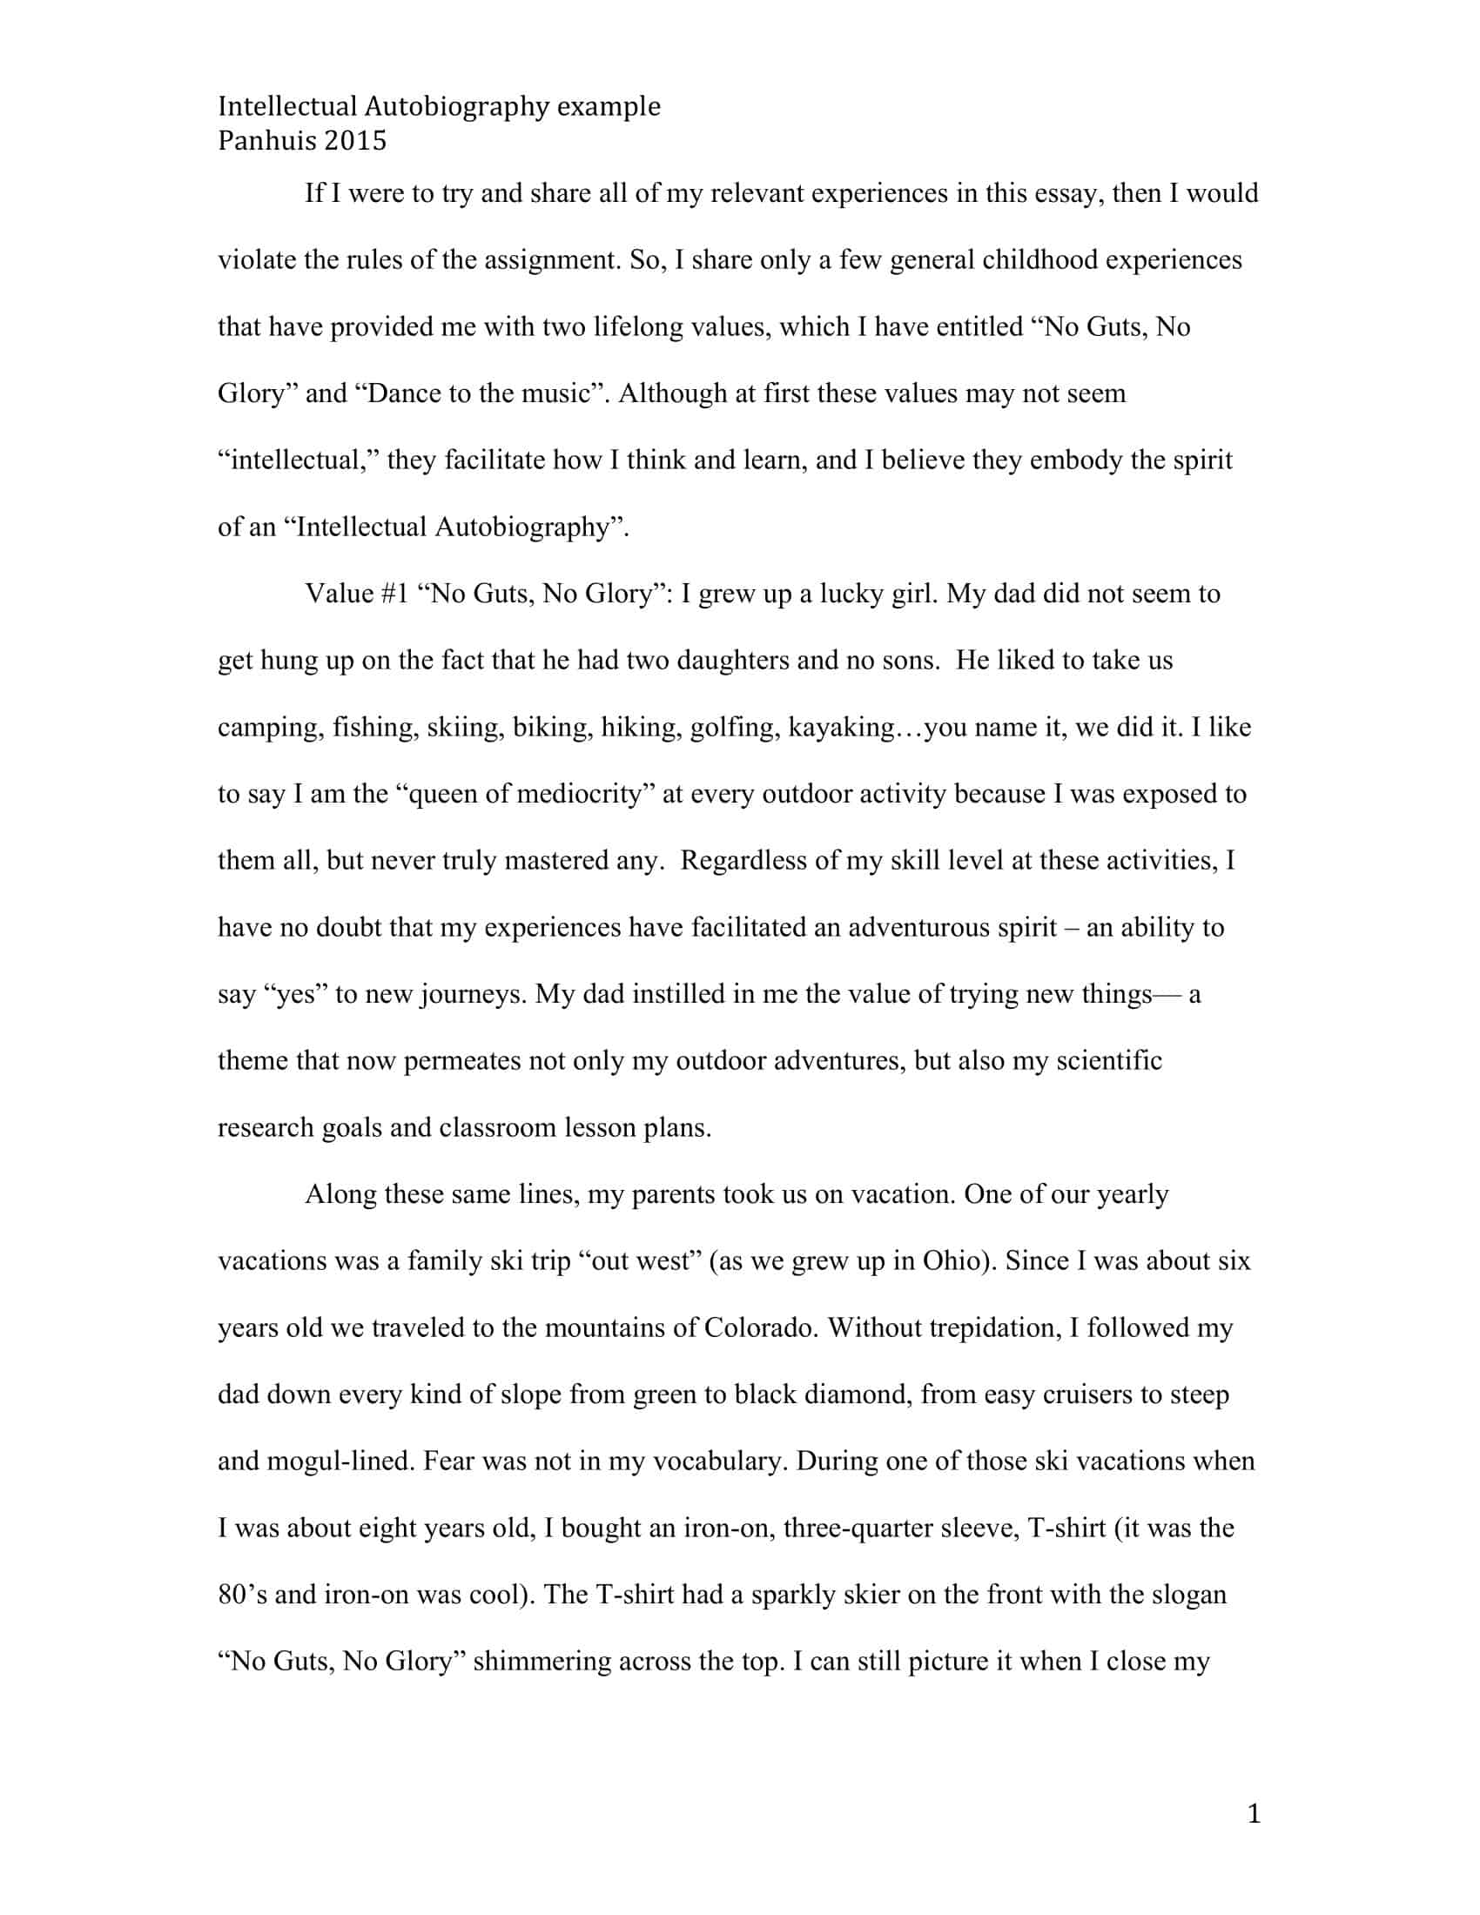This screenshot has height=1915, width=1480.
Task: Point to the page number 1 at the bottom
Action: click(x=1253, y=1813)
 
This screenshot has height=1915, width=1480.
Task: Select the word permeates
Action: click(x=461, y=1061)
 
